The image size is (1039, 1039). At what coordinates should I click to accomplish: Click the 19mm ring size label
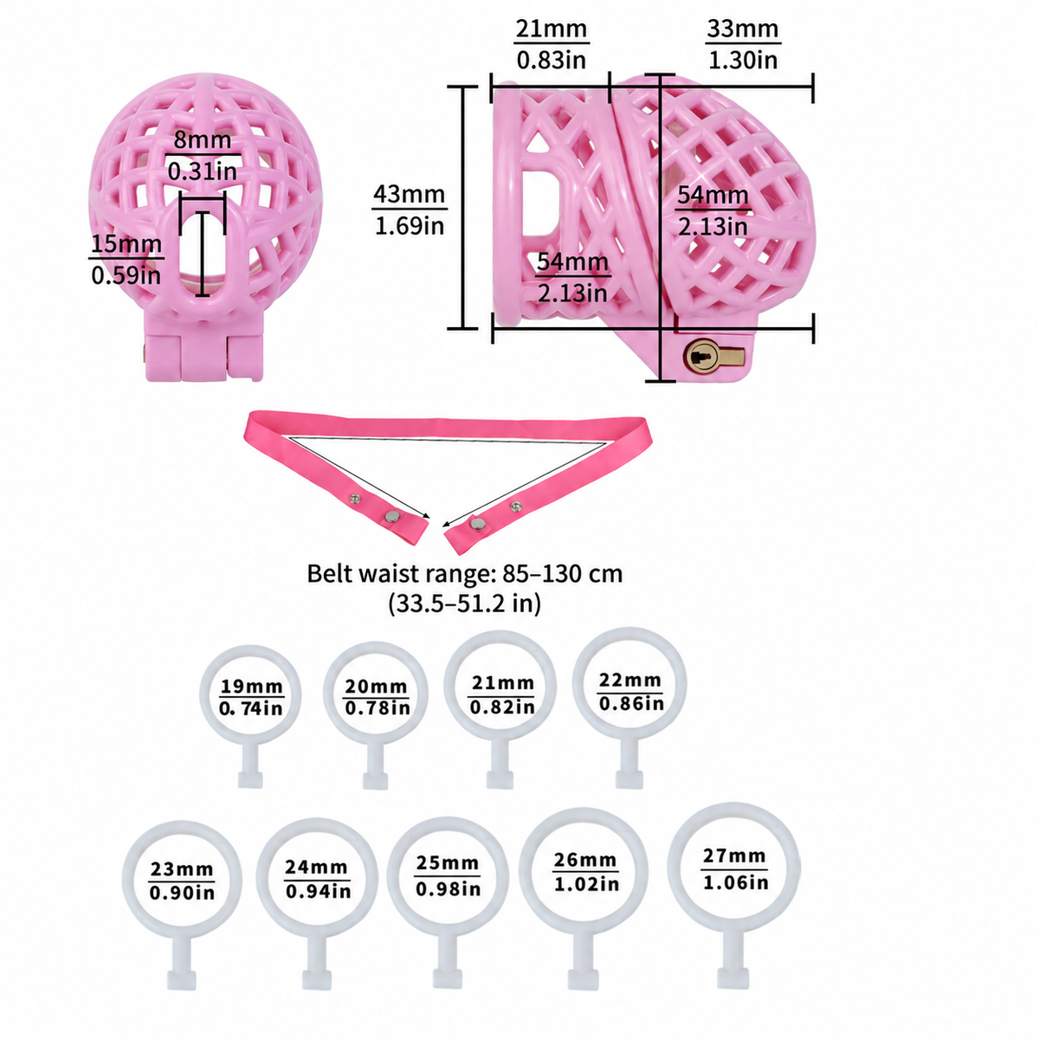point(251,687)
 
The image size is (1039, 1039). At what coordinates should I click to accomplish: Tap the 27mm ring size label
point(734,855)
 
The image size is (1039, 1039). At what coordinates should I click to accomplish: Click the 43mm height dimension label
point(410,194)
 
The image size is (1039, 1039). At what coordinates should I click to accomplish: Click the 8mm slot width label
point(203,140)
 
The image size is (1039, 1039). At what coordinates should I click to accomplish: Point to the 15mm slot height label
point(126,243)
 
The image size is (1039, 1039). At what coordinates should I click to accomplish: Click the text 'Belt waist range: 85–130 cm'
point(465,574)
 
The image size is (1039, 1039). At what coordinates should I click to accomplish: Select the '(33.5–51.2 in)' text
point(465,603)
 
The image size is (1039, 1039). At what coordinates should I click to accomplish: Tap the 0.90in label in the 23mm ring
point(182,893)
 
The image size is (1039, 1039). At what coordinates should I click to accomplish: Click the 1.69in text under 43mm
point(410,225)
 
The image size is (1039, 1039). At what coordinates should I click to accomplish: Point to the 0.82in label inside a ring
point(502,707)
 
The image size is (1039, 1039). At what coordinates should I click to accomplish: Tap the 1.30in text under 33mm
point(743,60)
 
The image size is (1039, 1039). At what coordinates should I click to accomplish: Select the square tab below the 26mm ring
point(584,979)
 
